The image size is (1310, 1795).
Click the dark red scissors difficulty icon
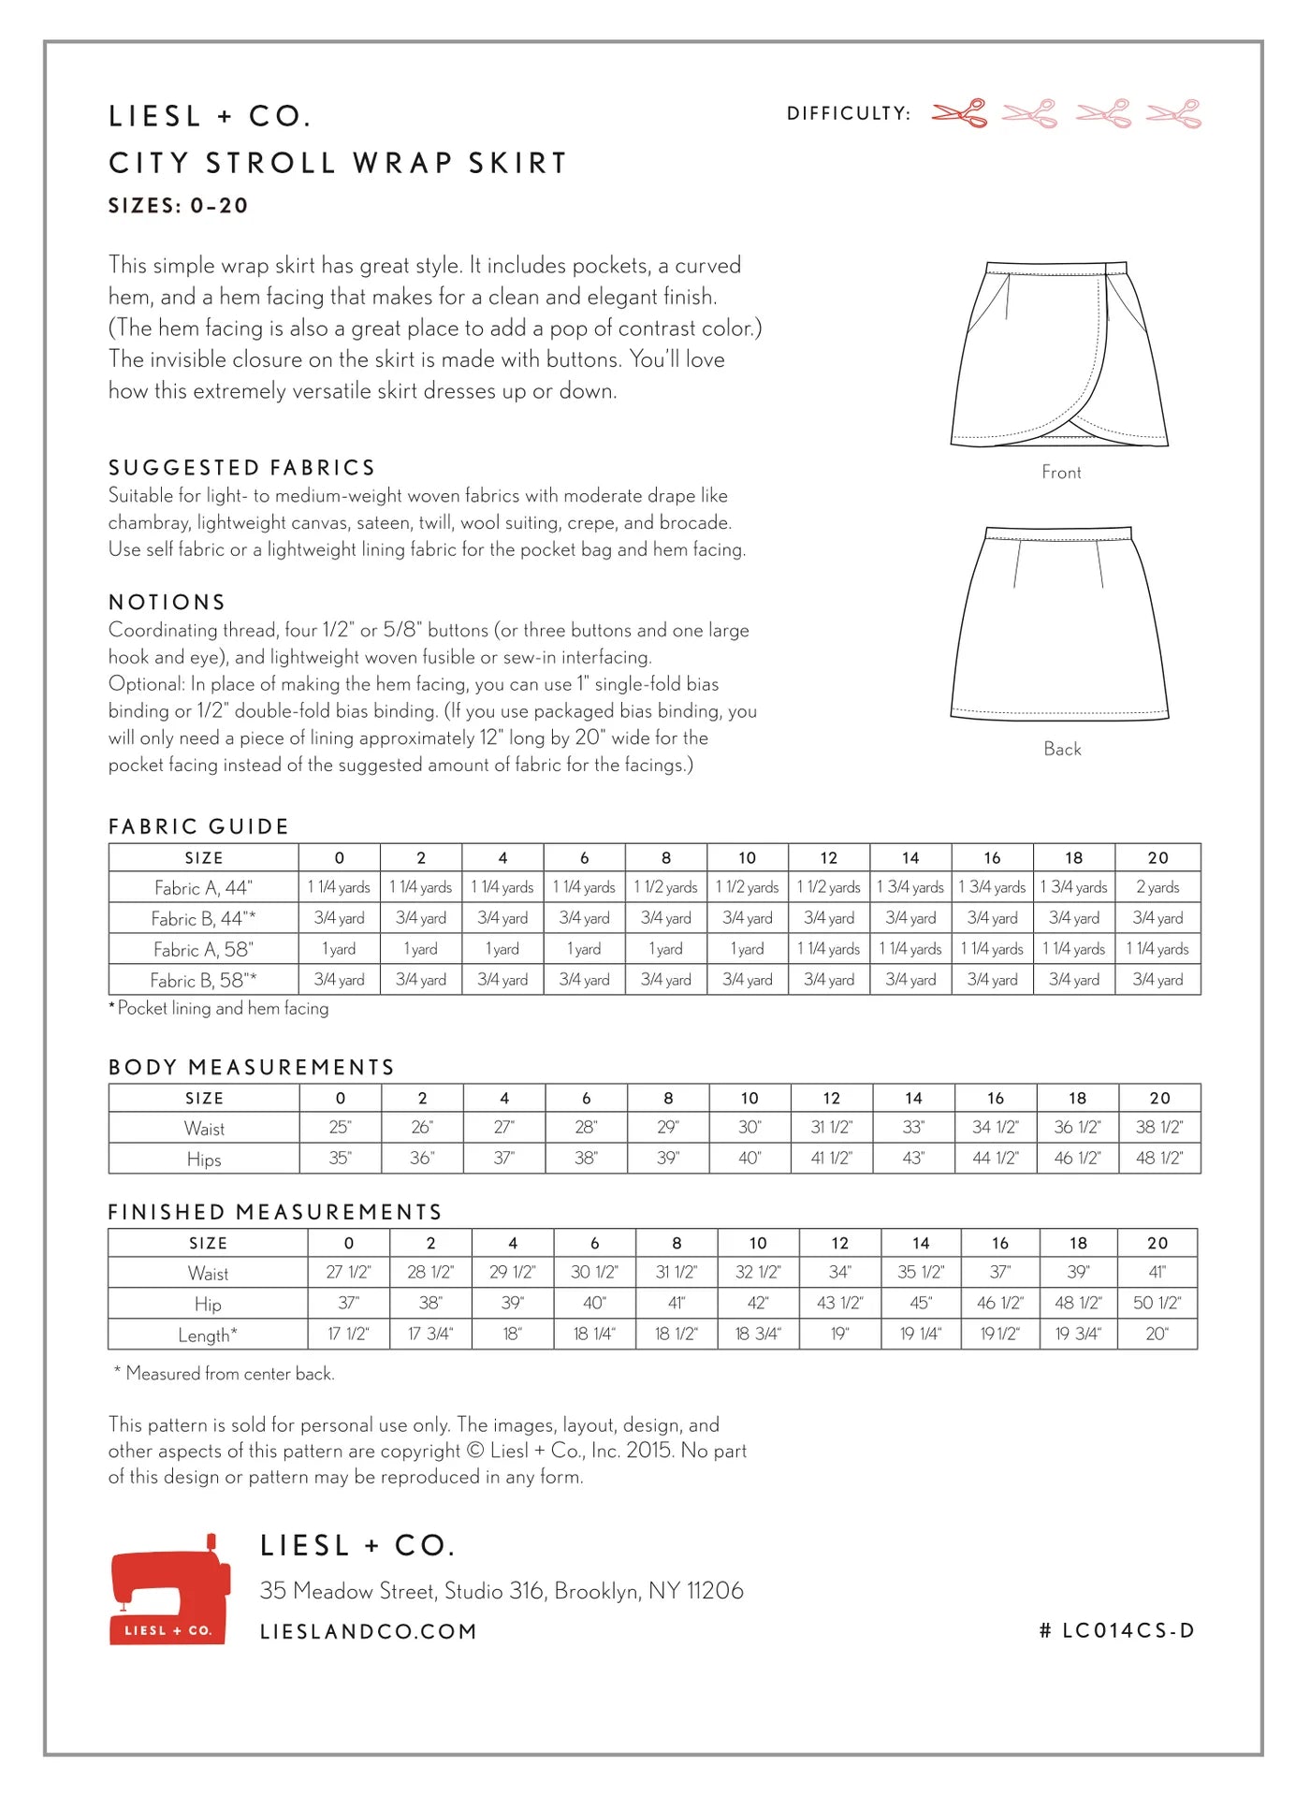click(960, 113)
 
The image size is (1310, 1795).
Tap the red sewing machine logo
click(169, 1589)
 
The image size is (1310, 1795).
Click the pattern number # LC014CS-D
click(1116, 1630)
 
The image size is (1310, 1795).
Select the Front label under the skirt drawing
click(1061, 473)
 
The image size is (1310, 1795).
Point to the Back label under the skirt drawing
click(1062, 749)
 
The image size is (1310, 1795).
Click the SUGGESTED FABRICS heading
click(241, 467)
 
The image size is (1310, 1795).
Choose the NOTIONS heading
click(167, 602)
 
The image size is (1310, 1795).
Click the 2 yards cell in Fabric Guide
click(1157, 887)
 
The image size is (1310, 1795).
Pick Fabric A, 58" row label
click(203, 949)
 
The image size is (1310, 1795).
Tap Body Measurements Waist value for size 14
click(913, 1128)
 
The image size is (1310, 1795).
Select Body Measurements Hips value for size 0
click(340, 1159)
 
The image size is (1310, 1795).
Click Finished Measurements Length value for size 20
click(1157, 1334)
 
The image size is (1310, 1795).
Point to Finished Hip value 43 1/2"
click(839, 1303)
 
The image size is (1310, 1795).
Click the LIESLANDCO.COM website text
click(369, 1631)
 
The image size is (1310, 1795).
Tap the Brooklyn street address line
click(502, 1590)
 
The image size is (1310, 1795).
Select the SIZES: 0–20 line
click(179, 206)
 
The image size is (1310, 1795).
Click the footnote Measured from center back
click(225, 1373)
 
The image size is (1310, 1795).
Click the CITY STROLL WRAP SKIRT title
click(338, 163)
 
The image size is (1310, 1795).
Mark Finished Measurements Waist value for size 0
click(348, 1272)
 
